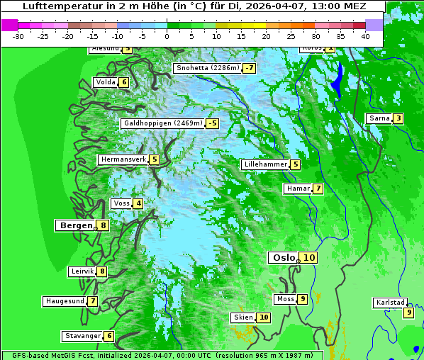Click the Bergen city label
[74, 225]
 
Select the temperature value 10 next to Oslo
[309, 258]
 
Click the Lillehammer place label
[264, 164]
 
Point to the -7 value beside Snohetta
[249, 69]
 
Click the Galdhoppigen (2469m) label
[162, 123]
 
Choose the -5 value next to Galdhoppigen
[212, 123]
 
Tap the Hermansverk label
[123, 160]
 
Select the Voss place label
[121, 204]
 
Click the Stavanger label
[82, 336]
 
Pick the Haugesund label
[65, 301]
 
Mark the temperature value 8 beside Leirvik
[102, 271]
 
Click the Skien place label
[242, 317]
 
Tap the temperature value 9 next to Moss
[302, 299]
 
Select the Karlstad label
[390, 303]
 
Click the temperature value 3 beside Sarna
[398, 118]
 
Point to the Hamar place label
[297, 189]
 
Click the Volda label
[105, 82]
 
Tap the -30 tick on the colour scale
[18, 35]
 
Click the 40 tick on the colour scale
[365, 35]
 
